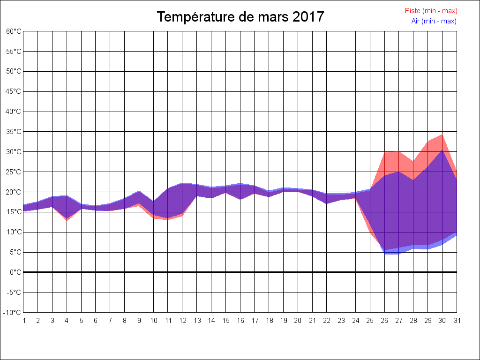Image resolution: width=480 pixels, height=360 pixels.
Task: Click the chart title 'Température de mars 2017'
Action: [240, 17]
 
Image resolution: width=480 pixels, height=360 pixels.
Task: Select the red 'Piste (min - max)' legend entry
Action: [431, 11]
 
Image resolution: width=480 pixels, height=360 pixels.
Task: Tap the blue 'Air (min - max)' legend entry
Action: [434, 21]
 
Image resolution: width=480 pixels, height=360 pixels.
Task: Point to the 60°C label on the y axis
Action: [14, 31]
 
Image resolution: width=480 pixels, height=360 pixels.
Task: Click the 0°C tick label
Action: [15, 272]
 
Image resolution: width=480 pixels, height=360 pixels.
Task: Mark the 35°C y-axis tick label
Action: [14, 132]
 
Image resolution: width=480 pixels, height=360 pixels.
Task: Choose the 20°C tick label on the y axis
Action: [14, 192]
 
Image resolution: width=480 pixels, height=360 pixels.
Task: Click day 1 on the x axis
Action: [24, 321]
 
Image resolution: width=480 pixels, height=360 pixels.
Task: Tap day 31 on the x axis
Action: [457, 321]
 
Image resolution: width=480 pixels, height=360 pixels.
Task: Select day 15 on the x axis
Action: [225, 321]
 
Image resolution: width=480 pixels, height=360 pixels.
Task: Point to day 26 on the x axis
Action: [384, 321]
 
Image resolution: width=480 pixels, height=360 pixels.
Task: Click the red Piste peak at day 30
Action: [442, 135]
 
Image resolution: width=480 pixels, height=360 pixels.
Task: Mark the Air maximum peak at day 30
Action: [442, 150]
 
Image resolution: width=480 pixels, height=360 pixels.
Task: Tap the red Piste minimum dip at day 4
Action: [67, 220]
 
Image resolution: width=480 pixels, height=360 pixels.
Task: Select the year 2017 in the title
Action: [308, 17]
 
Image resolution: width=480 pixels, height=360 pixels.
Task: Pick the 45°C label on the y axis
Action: [14, 91]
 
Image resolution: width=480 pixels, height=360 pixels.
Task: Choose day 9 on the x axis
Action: [139, 321]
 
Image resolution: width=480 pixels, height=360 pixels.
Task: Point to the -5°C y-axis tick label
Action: [14, 292]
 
